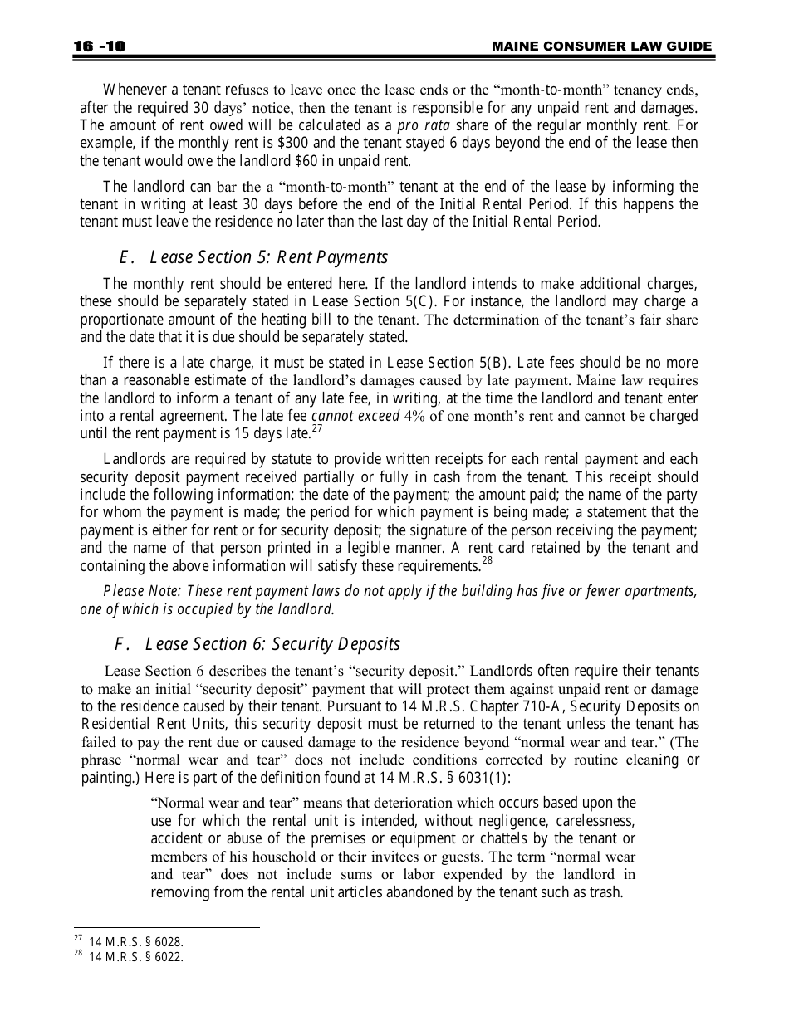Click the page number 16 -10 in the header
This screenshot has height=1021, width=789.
98,46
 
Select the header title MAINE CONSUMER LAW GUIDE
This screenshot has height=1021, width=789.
601,46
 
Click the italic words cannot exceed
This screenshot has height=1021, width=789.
355,415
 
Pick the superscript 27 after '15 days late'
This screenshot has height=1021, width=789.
316,428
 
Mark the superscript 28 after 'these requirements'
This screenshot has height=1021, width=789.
488,561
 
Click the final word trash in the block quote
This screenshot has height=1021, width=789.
605,893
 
